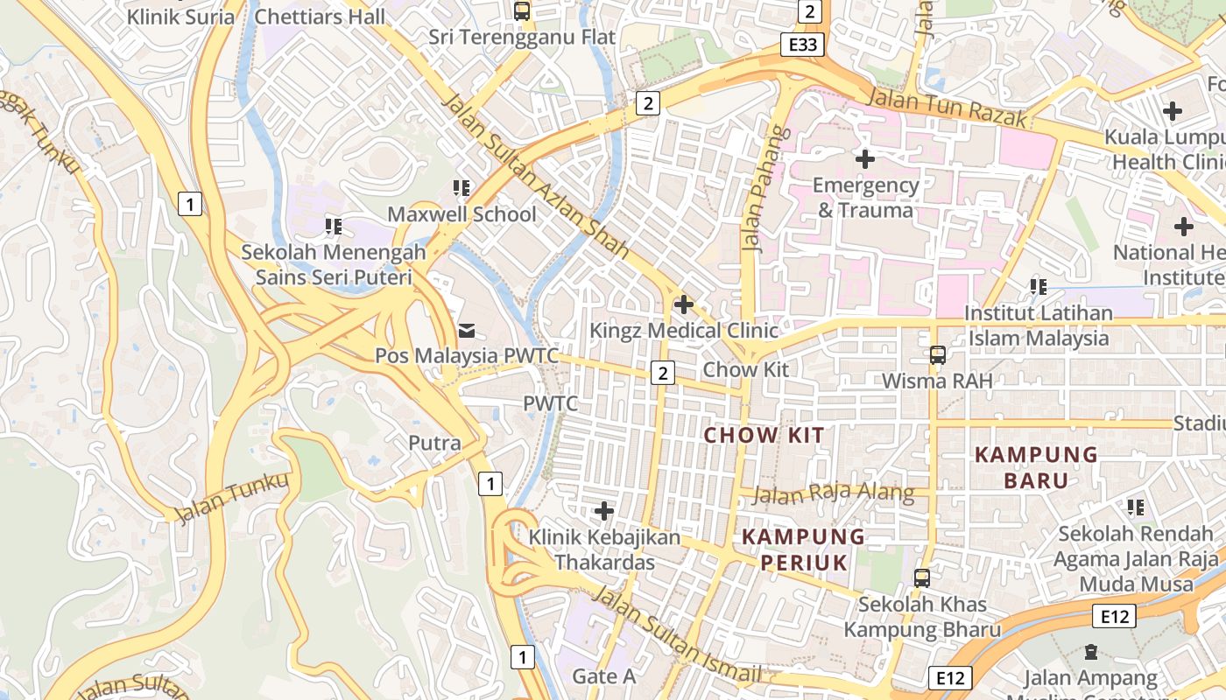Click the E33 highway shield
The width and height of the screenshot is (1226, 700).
tap(802, 45)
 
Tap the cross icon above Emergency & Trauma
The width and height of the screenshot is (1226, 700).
tap(864, 159)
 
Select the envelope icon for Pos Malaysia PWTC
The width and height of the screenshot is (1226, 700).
tap(467, 330)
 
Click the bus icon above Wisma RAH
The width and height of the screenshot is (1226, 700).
tap(938, 355)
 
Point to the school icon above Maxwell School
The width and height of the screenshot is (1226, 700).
tap(462, 188)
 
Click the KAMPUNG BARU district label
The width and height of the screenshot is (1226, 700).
tap(1036, 467)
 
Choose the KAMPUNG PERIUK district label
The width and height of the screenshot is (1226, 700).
tap(803, 549)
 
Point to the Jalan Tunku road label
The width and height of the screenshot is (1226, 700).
tap(232, 498)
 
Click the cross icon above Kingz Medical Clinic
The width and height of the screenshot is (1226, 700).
tap(683, 304)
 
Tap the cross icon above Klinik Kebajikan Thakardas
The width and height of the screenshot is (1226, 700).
tap(603, 510)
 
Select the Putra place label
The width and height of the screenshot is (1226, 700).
tap(434, 443)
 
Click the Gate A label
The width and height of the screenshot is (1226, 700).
tap(604, 675)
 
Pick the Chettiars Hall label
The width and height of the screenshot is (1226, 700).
tap(320, 17)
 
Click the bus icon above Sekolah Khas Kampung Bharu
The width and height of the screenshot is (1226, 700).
tap(922, 578)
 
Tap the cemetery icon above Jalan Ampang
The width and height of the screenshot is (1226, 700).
tap(1090, 652)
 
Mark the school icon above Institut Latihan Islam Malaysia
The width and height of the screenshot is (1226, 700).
tap(1038, 287)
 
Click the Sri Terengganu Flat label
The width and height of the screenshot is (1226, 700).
tap(522, 37)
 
